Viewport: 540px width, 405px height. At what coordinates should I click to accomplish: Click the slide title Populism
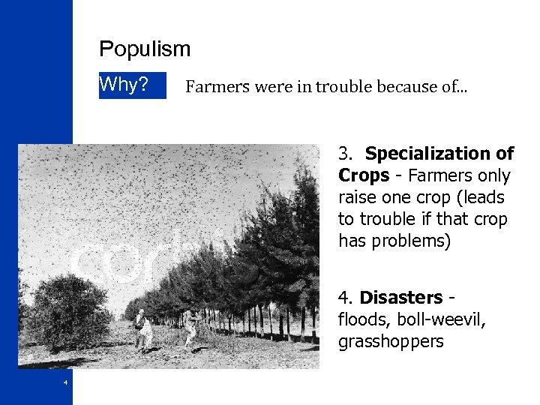coord(145,49)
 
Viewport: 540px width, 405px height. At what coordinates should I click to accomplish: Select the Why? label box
coord(132,85)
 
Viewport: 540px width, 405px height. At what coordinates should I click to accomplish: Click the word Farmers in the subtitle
coord(217,87)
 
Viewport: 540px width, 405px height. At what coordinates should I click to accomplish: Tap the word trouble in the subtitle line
coord(343,87)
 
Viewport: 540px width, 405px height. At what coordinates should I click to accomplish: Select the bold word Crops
coord(363,175)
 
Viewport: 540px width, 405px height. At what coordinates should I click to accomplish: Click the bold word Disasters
coord(401,298)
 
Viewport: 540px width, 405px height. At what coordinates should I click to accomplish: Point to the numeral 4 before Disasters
coord(346,298)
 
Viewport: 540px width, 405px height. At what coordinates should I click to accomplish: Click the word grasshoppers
coord(391,342)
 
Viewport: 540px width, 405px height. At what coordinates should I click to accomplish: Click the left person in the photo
coord(141,329)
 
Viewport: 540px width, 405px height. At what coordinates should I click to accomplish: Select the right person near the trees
coord(192,328)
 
